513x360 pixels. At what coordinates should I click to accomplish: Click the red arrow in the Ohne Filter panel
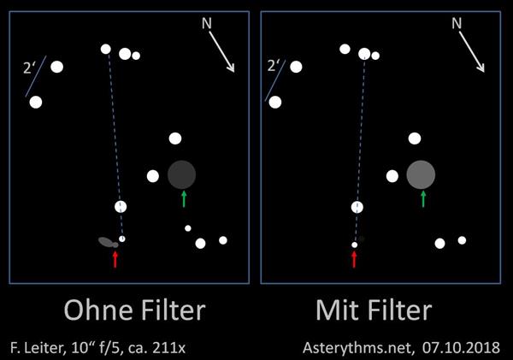(x=115, y=259)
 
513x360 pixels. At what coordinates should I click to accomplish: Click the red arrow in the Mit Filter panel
(x=354, y=259)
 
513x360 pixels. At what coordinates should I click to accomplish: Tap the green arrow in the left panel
(x=184, y=199)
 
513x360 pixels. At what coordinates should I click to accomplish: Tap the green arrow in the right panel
(x=423, y=199)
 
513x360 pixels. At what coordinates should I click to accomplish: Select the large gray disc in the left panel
(x=181, y=174)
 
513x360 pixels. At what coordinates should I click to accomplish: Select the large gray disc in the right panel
(x=421, y=174)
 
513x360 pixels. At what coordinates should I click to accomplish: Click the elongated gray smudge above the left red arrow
(x=108, y=242)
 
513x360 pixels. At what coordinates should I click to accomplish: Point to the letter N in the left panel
(x=206, y=23)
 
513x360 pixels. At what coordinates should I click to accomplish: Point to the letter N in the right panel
(x=457, y=23)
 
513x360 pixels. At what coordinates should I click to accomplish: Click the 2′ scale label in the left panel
(x=28, y=68)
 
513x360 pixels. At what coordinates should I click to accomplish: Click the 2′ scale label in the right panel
(x=272, y=66)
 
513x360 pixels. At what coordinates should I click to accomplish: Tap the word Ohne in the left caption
(x=98, y=310)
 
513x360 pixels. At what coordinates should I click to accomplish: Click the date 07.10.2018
(x=461, y=347)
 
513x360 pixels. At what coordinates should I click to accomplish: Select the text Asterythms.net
(x=358, y=347)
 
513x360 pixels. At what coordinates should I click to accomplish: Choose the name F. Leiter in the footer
(x=36, y=347)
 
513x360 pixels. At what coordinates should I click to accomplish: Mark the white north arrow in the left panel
(x=221, y=51)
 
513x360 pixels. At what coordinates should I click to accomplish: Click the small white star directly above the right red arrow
(x=354, y=245)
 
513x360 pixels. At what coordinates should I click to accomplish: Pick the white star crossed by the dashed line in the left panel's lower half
(x=121, y=207)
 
